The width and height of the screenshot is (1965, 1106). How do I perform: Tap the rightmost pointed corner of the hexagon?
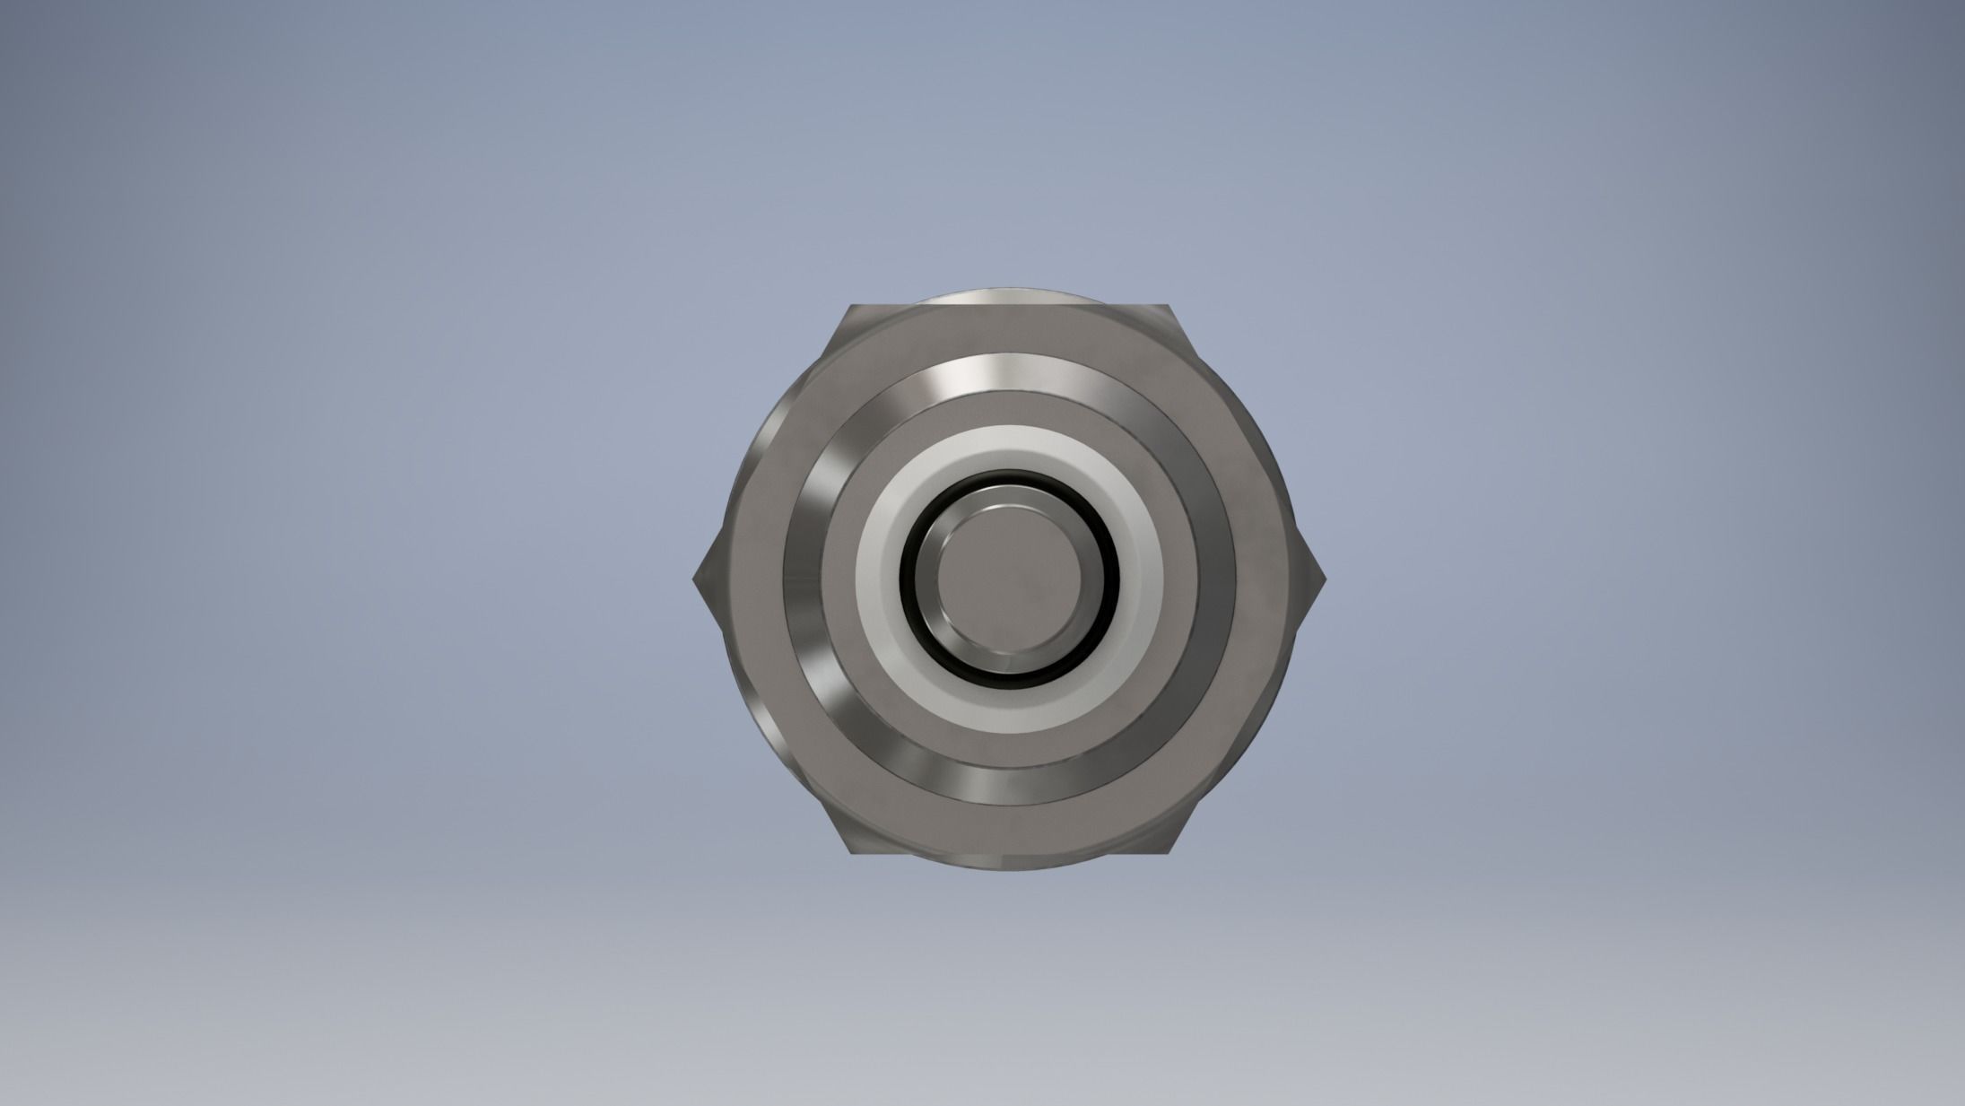tap(1325, 579)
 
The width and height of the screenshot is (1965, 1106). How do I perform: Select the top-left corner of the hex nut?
tap(850, 307)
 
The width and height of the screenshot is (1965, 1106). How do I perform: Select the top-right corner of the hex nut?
tap(1171, 307)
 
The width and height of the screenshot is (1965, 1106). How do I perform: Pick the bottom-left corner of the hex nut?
tap(850, 853)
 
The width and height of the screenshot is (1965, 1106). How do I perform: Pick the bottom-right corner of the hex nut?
tap(1171, 853)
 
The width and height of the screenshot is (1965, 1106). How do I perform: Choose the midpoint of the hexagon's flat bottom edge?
tap(1011, 852)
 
